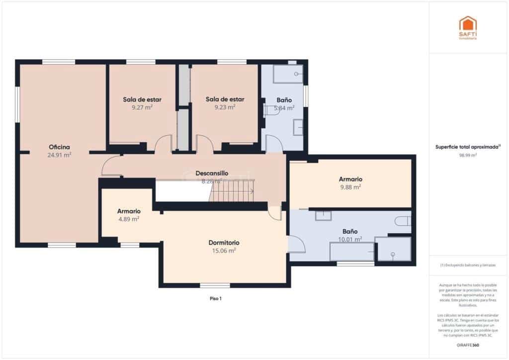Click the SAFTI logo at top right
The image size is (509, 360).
coord(467,27)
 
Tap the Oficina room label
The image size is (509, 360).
coord(59,147)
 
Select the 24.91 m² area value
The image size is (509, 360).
coord(59,155)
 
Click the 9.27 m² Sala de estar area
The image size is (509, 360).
coord(142,107)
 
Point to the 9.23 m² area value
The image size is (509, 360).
coord(225,107)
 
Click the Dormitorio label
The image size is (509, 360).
coord(224,243)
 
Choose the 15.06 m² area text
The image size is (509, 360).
coord(224,251)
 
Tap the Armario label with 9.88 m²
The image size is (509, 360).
coord(350,179)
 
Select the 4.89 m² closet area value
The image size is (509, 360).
coord(128,219)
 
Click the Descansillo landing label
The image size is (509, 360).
coord(212,173)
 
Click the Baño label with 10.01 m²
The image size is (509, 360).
coord(349,232)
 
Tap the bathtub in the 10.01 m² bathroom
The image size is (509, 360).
coord(352,252)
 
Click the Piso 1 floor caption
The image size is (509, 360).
coord(215,299)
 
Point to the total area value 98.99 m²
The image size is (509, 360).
coord(467,155)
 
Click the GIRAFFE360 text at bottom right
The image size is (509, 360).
coord(467,345)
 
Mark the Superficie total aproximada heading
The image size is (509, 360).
coord(467,147)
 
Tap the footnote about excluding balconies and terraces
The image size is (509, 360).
coord(467,266)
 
